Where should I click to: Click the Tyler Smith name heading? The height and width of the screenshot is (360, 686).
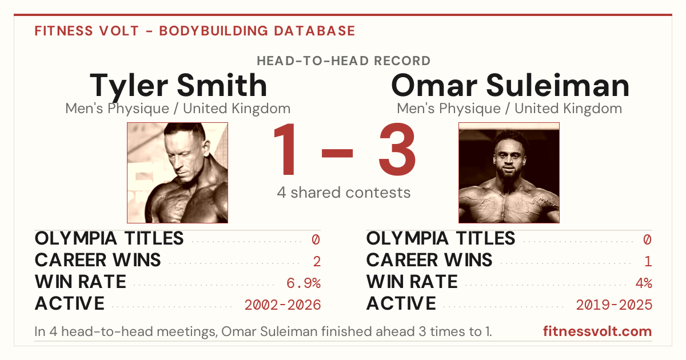click(x=178, y=86)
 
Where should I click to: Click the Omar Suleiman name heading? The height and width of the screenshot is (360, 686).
click(x=510, y=86)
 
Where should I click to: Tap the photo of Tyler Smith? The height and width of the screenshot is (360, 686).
click(x=178, y=173)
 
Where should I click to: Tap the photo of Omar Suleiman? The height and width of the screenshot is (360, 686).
click(x=509, y=173)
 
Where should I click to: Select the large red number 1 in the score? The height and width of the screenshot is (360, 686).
click(x=285, y=149)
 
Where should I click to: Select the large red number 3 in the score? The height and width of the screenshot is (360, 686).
click(x=397, y=149)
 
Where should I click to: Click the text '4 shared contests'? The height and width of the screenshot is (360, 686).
click(x=344, y=193)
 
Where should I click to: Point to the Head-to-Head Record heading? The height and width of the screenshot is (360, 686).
click(x=344, y=61)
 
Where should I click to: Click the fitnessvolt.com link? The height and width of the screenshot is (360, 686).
click(x=597, y=331)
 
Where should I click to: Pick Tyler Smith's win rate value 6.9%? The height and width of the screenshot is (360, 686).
click(x=304, y=283)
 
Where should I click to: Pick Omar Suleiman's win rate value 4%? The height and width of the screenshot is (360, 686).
click(x=644, y=283)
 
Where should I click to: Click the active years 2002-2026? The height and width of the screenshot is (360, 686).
click(x=282, y=305)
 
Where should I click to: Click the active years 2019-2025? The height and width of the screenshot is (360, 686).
click(x=614, y=305)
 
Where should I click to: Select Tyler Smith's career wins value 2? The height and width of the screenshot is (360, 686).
click(x=317, y=262)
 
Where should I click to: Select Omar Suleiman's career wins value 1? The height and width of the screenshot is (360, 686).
click(x=648, y=262)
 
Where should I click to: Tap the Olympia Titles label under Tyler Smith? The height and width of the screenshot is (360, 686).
click(x=109, y=238)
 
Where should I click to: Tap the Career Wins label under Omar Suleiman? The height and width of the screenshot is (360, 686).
click(x=429, y=260)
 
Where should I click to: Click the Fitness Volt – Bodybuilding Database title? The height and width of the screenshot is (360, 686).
click(x=195, y=31)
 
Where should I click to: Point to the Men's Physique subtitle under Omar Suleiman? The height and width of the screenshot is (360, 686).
click(x=509, y=109)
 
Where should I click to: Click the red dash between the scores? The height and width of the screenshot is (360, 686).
click(x=337, y=153)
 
